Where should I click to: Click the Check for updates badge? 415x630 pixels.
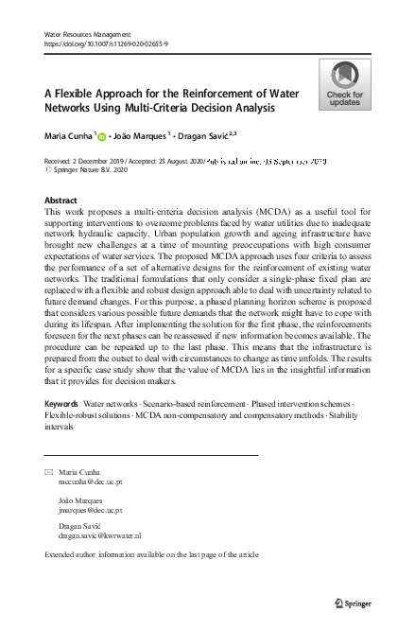pos(344,83)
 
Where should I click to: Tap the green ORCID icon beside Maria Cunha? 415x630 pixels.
pos(102,137)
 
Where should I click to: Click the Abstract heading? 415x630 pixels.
pos(61,201)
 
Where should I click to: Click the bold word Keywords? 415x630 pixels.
pos(62,431)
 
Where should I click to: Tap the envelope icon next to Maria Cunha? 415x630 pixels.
pos(48,471)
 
